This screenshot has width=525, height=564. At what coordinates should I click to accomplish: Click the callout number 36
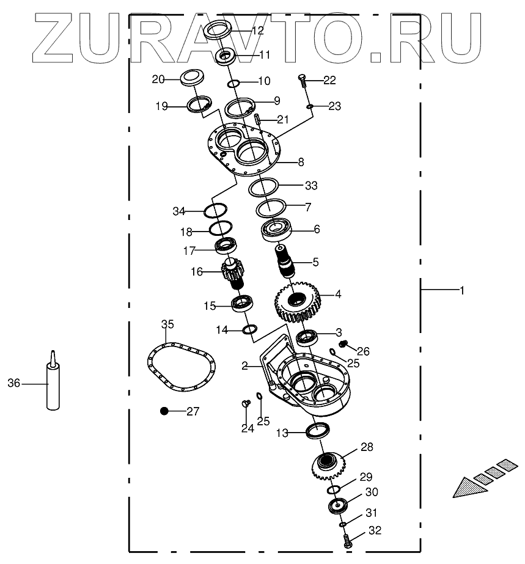(14, 383)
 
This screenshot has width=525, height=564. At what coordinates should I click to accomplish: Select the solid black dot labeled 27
(164, 411)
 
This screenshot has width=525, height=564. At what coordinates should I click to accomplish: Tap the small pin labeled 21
(258, 116)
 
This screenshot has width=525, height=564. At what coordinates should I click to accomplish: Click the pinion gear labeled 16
(231, 273)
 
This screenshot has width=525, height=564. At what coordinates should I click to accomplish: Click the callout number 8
(301, 163)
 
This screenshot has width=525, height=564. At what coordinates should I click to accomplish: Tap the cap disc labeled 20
(191, 78)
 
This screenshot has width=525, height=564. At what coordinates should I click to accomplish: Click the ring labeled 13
(317, 430)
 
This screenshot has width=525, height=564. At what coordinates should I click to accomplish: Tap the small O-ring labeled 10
(233, 84)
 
